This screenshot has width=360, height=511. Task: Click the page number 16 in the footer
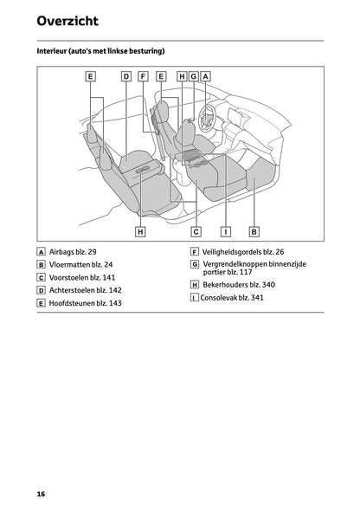[x=42, y=493]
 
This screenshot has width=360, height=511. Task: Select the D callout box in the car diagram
[x=125, y=76]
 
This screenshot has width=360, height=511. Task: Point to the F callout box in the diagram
[x=143, y=76]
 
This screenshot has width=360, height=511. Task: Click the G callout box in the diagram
[x=194, y=76]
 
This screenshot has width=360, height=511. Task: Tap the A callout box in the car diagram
[x=206, y=76]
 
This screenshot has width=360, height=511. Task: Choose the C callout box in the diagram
[x=196, y=231]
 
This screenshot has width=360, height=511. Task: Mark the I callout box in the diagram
[x=225, y=231]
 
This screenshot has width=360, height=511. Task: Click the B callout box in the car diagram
[x=254, y=231]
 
